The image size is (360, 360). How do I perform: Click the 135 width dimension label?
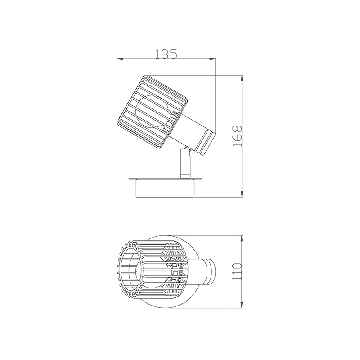(166, 54)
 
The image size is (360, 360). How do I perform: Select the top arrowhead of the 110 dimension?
(243, 237)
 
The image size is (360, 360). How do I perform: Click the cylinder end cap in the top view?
(210, 272)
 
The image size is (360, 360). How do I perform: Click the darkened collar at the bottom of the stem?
(184, 175)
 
